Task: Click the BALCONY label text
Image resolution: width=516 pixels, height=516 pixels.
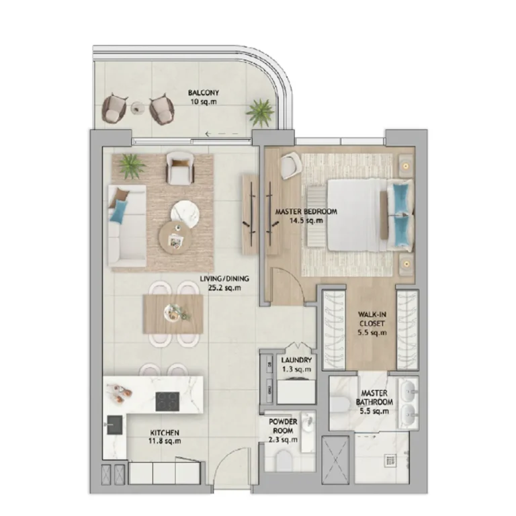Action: pos(204,93)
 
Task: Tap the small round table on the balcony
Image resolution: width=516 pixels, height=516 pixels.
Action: pos(136,107)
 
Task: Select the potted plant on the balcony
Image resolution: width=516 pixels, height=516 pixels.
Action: pos(260,113)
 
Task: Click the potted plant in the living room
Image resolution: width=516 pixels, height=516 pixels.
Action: pos(132,166)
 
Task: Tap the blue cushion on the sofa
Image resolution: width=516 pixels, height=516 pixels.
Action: pos(119,212)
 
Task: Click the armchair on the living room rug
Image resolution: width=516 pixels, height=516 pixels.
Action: pos(181,168)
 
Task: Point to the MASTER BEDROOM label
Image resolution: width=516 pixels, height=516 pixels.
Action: pos(306,211)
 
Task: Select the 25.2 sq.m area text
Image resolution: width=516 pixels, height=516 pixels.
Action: pos(224,288)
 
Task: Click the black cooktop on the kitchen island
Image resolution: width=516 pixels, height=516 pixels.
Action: pos(167,402)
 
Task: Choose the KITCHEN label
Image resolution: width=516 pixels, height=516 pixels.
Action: pos(165,433)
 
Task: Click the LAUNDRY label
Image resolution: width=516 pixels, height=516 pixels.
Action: pos(296,360)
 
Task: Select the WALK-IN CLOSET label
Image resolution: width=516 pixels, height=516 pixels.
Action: pos(372,319)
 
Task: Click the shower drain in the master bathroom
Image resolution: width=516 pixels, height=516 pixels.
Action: pos(390,461)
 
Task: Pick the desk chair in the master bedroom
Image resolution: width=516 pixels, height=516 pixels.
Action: pos(292,167)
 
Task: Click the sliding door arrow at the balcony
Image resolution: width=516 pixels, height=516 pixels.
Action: pos(222,134)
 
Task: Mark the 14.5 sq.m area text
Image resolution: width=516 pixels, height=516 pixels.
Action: pos(306,220)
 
